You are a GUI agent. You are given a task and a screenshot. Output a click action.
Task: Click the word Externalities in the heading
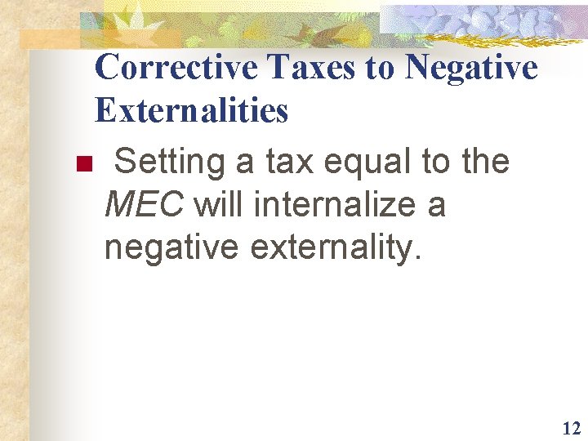[191, 110]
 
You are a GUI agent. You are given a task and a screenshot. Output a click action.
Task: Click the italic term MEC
[145, 204]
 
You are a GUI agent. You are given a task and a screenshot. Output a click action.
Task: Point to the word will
[219, 204]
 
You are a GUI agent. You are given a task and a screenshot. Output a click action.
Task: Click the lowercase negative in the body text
[172, 247]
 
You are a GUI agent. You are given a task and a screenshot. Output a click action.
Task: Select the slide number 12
[570, 428]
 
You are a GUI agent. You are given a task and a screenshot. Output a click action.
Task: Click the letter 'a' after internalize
[436, 206]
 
